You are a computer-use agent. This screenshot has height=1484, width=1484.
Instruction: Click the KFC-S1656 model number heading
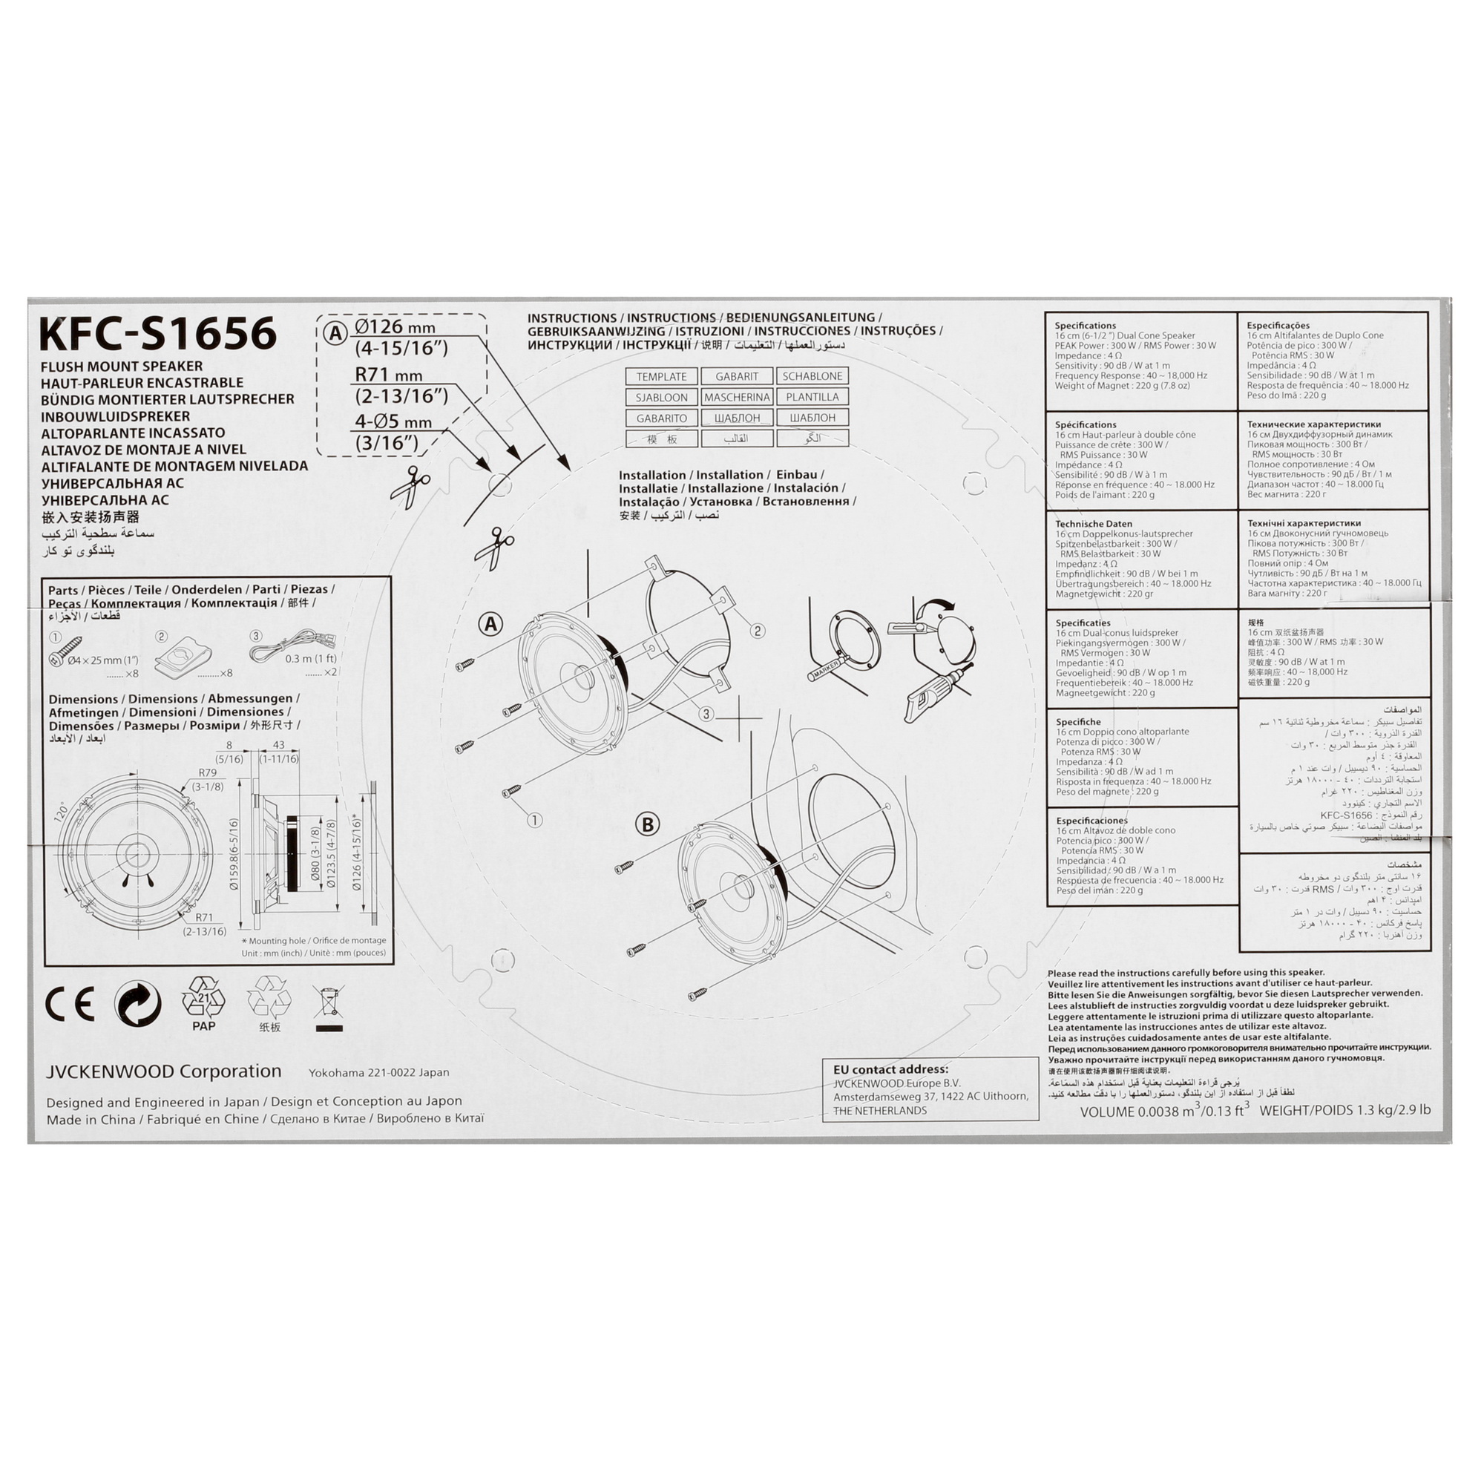[157, 333]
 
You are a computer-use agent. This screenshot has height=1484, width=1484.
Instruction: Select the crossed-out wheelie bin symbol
[328, 1007]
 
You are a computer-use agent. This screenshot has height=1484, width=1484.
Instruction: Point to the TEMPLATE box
[661, 376]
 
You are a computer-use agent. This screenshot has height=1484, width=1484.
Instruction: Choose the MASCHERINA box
[737, 397]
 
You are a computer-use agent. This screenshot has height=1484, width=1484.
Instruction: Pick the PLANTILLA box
[812, 397]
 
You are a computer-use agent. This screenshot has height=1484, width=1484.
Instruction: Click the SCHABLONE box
[812, 376]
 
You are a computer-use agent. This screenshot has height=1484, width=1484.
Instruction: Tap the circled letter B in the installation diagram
[648, 825]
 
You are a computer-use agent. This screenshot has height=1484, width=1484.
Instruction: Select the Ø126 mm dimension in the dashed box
[395, 327]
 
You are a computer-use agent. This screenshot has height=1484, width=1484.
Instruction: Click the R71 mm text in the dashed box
[389, 375]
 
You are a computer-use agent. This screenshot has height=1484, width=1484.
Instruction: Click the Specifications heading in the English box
[1085, 326]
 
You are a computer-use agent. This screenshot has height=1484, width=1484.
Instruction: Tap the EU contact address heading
[890, 1069]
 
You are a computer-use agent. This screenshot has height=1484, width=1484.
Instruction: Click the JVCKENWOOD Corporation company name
[163, 1071]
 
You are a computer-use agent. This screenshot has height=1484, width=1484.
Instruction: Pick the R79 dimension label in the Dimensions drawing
[208, 772]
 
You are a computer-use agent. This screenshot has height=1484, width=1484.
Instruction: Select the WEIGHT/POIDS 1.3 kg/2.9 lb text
[1345, 1110]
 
